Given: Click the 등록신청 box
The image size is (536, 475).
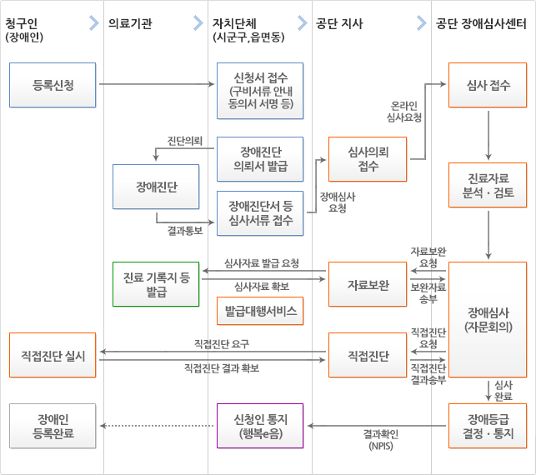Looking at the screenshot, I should pos(53,84).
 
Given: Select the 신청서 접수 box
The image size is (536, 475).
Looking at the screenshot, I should pos(260,91).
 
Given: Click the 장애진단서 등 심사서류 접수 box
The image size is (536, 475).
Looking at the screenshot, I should pos(260,213).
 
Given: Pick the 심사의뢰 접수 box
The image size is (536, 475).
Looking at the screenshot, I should pos(368,158).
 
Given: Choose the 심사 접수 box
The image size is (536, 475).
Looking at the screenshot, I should pos(487,84).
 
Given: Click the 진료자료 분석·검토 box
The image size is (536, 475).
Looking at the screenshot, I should pos(487,186).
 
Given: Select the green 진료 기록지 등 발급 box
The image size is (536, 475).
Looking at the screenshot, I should pos(156,284).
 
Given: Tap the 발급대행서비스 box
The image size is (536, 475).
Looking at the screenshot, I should pos(260,311).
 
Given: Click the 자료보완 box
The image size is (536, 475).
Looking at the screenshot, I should pos(368,284).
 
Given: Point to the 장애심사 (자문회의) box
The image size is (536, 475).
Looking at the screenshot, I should pos(487,319).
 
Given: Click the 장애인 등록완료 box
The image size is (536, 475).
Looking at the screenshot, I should pos(53,426).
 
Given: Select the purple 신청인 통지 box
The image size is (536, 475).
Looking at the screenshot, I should pos(260,426).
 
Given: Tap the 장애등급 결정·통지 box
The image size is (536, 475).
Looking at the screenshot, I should pos(487,426).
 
